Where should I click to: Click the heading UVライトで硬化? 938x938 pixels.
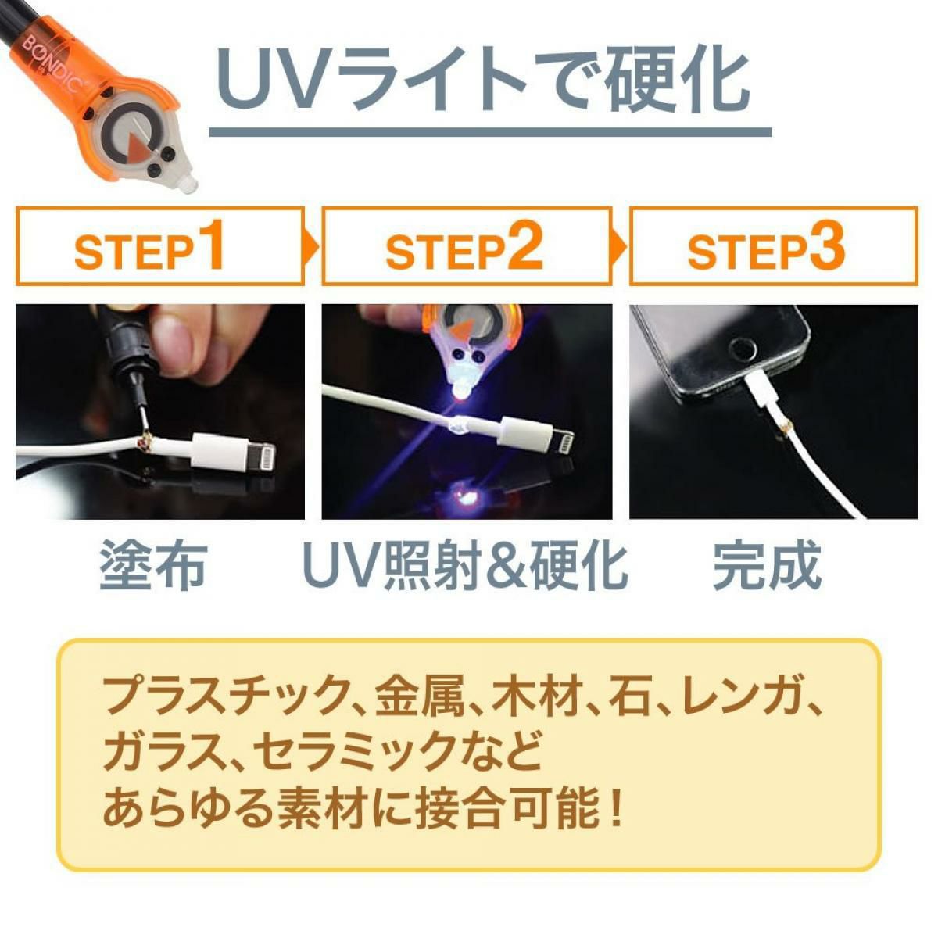tap(482, 78)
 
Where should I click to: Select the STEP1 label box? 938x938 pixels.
tap(160, 245)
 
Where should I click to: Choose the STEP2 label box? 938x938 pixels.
tap(467, 245)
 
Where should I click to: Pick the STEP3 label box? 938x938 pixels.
tap(774, 245)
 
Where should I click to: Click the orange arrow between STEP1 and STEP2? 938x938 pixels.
tap(312, 247)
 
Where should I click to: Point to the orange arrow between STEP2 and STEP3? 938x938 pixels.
tap(619, 247)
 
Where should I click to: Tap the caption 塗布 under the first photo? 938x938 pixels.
tap(154, 567)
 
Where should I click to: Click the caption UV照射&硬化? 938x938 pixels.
tap(466, 567)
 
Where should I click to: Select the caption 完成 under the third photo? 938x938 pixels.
tap(768, 567)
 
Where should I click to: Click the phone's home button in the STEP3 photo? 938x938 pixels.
tap(743, 349)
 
